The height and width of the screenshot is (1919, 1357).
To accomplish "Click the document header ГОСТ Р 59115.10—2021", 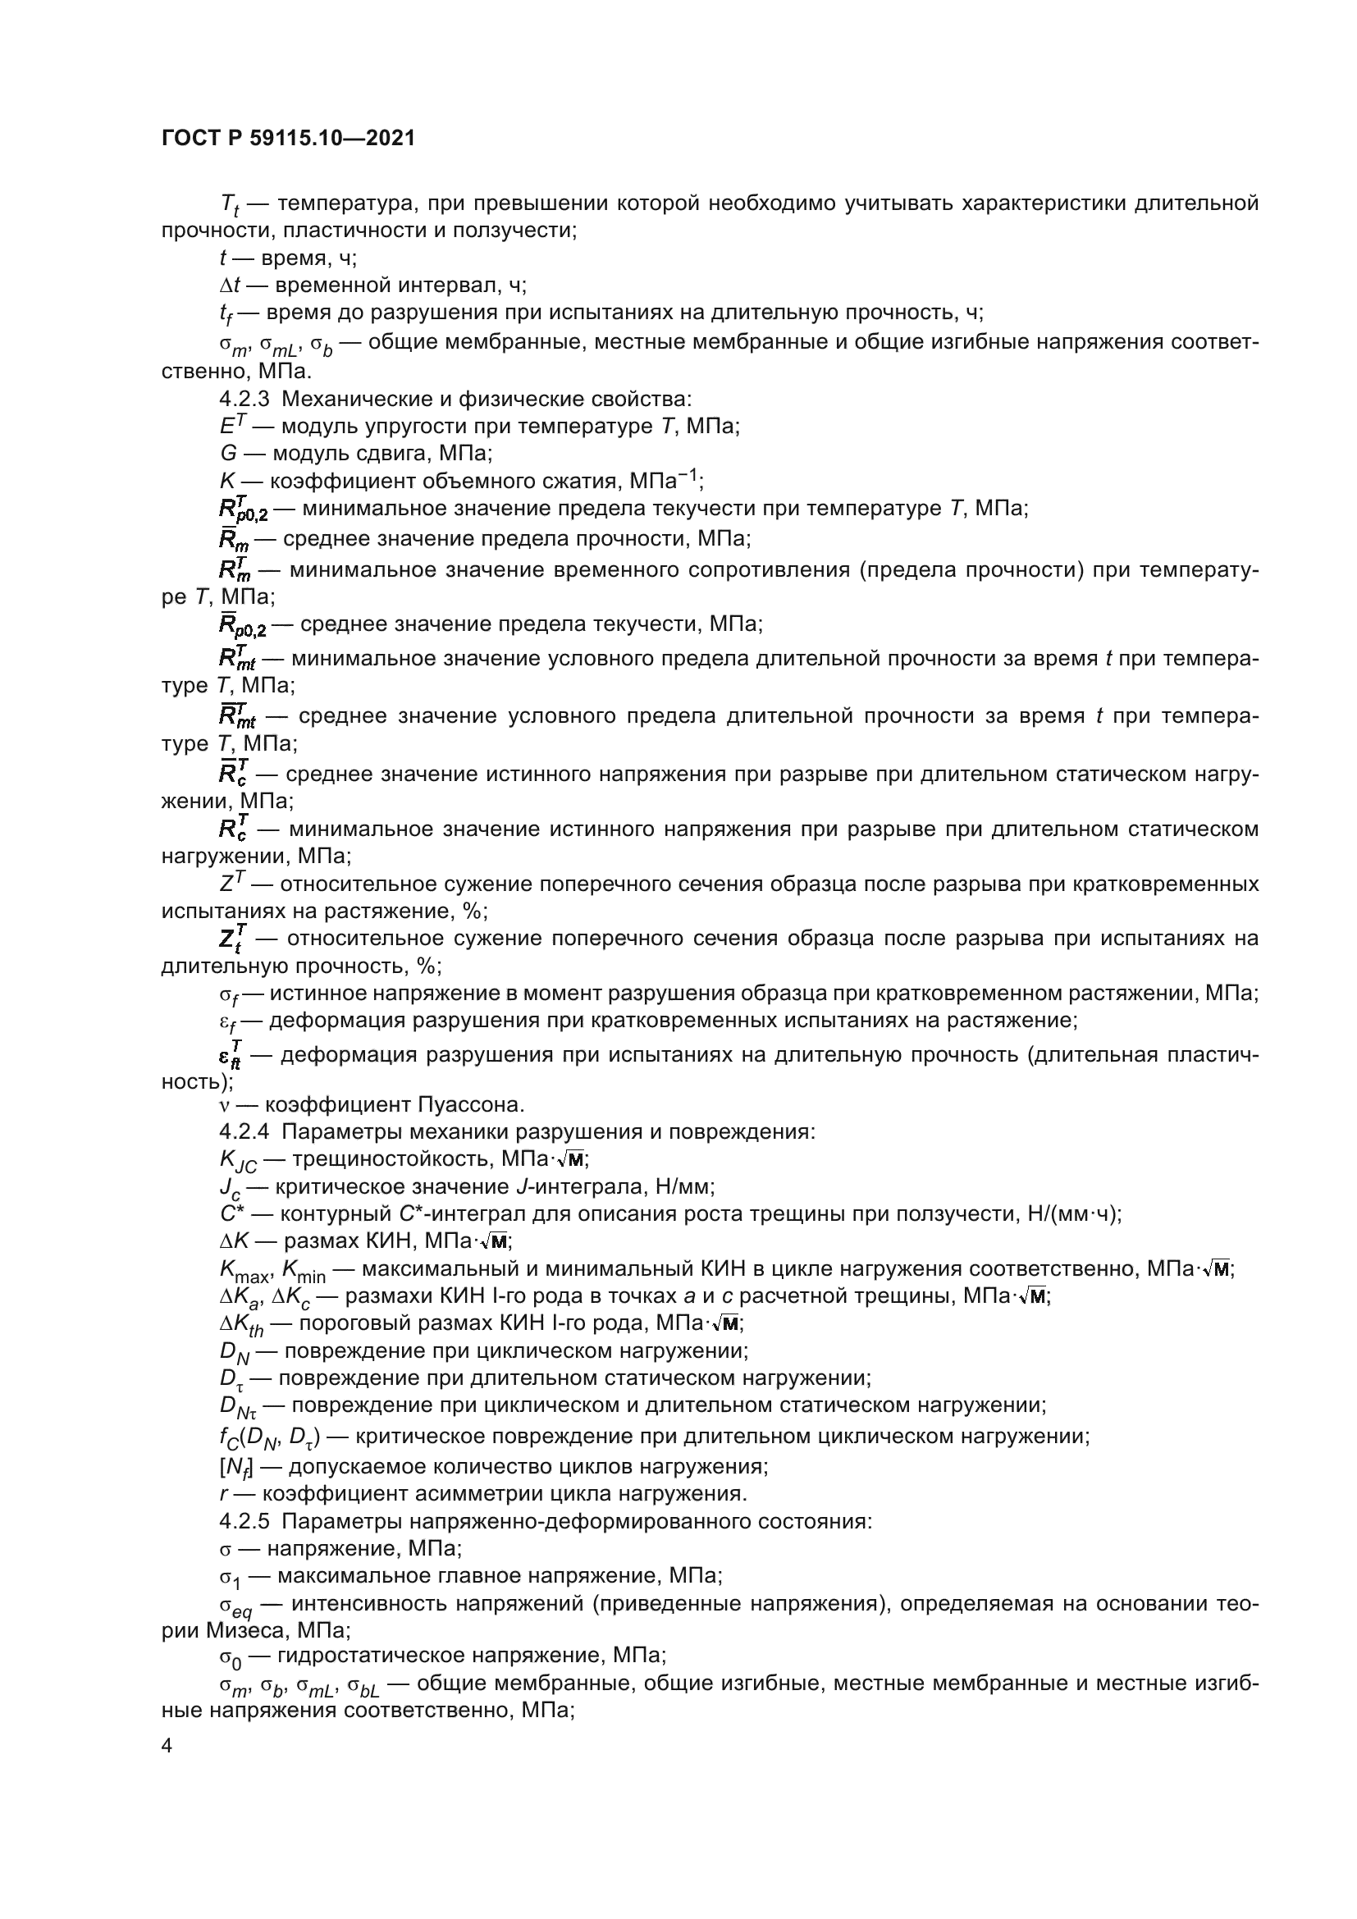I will tap(288, 138).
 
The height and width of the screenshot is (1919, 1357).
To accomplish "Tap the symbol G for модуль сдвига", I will tap(227, 454).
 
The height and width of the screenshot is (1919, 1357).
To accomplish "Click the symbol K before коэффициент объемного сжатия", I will tap(226, 482).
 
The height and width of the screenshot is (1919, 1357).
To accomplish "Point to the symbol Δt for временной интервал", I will tap(230, 285).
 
